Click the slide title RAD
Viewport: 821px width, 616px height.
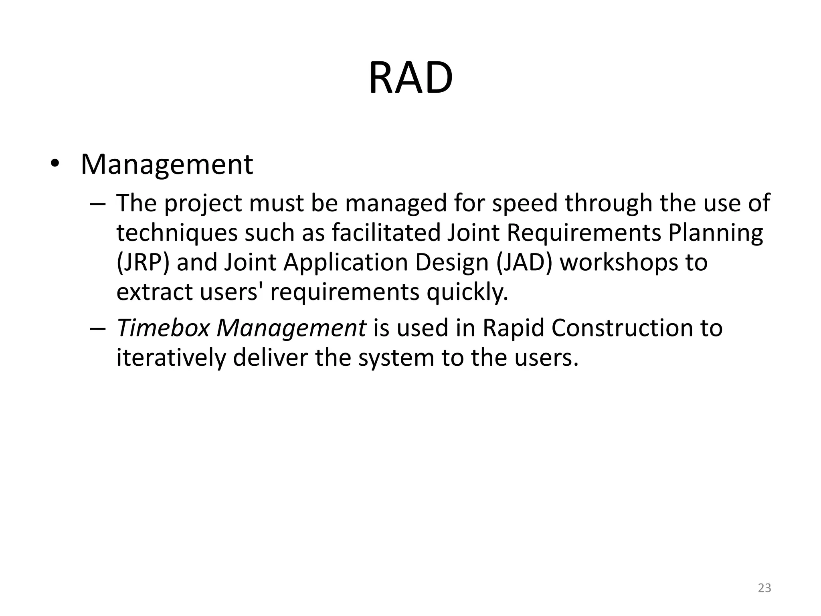(x=410, y=78)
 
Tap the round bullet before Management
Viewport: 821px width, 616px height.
(x=55, y=165)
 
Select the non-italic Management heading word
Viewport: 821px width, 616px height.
(x=167, y=165)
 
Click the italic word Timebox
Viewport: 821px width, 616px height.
(x=163, y=328)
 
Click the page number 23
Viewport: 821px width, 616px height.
(x=764, y=588)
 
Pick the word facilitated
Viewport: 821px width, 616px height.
(x=386, y=233)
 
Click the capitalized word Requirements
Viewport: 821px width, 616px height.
(x=584, y=233)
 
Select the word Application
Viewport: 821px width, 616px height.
(x=346, y=263)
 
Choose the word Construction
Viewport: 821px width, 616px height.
(x=622, y=328)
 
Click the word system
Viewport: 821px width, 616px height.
(x=396, y=359)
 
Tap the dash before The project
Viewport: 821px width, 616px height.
(x=98, y=203)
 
